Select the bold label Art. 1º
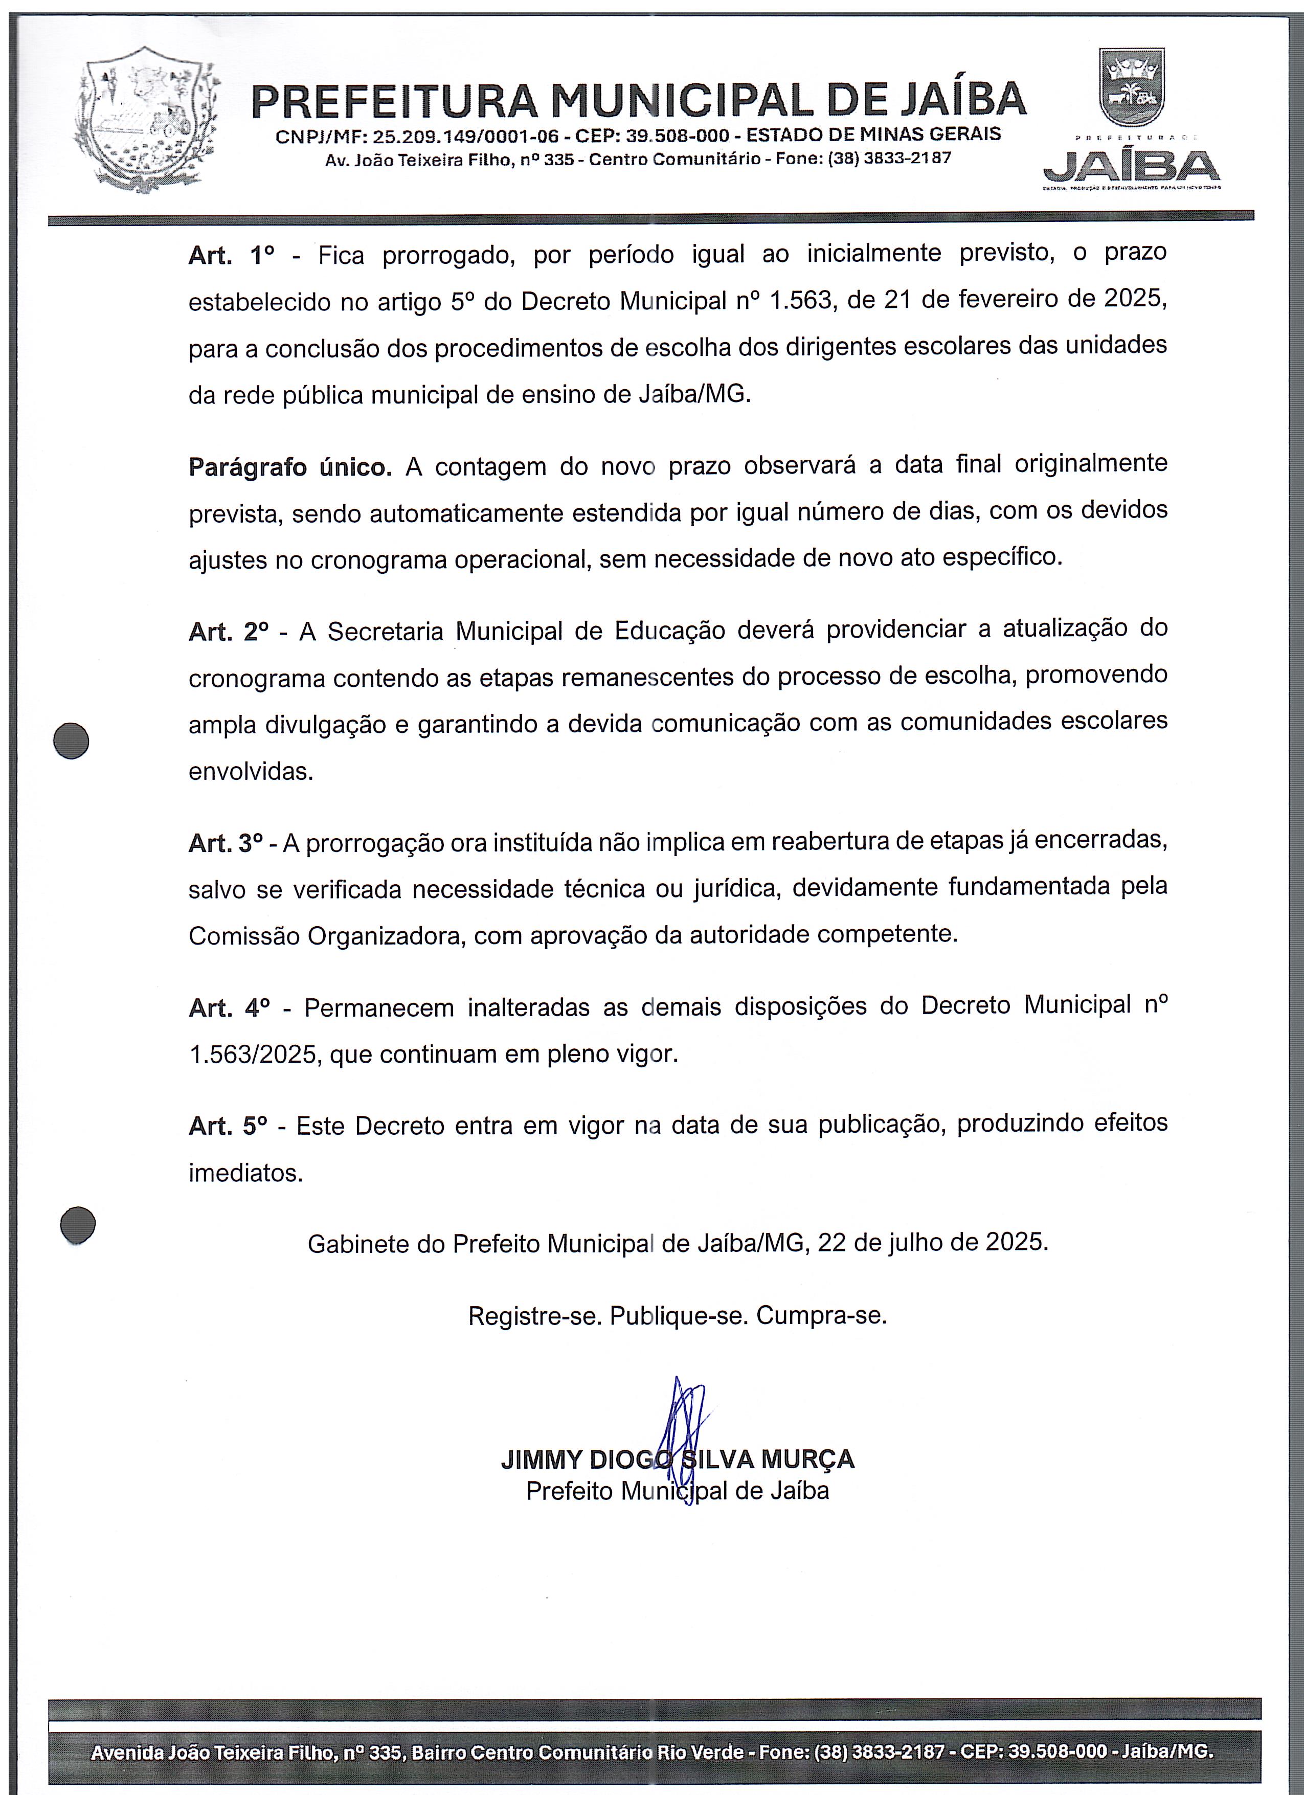[231, 256]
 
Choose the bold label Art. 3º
[226, 844]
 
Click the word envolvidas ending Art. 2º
[251, 772]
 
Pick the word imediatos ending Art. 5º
[245, 1173]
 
